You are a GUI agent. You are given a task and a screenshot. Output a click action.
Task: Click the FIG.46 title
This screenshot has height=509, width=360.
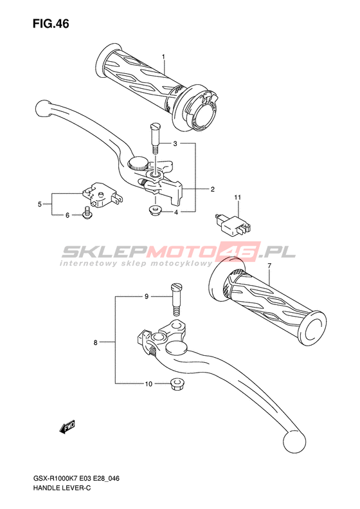[x=51, y=24]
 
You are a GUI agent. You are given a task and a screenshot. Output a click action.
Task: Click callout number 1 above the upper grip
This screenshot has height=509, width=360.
[x=163, y=57]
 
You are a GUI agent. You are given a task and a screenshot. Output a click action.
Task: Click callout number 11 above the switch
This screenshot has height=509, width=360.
[x=238, y=198]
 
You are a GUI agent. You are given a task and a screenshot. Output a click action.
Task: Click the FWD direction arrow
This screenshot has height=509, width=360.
[x=67, y=427]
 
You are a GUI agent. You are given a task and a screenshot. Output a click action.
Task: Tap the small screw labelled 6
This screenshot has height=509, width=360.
[x=87, y=212]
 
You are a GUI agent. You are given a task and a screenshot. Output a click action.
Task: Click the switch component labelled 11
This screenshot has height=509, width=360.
[x=233, y=224]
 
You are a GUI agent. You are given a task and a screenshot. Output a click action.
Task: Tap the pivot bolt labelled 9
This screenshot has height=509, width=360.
[x=177, y=299]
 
